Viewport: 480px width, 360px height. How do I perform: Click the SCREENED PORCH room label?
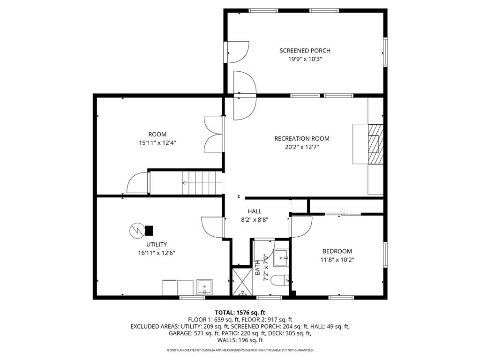[x=305, y=51]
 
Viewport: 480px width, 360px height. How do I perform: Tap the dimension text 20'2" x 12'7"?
[x=302, y=147]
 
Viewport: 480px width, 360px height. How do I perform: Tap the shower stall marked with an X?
[x=242, y=282]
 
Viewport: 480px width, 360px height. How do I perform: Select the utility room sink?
[x=204, y=286]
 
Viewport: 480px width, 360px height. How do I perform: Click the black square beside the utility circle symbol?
[x=149, y=230]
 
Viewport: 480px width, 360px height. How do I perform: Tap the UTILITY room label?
[x=156, y=244]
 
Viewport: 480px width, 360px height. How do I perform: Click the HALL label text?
[x=255, y=211]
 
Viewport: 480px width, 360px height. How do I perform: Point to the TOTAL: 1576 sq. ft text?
[x=240, y=312]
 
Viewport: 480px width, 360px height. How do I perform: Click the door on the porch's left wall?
[x=237, y=52]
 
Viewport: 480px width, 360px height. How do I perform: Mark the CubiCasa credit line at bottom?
[x=240, y=350]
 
